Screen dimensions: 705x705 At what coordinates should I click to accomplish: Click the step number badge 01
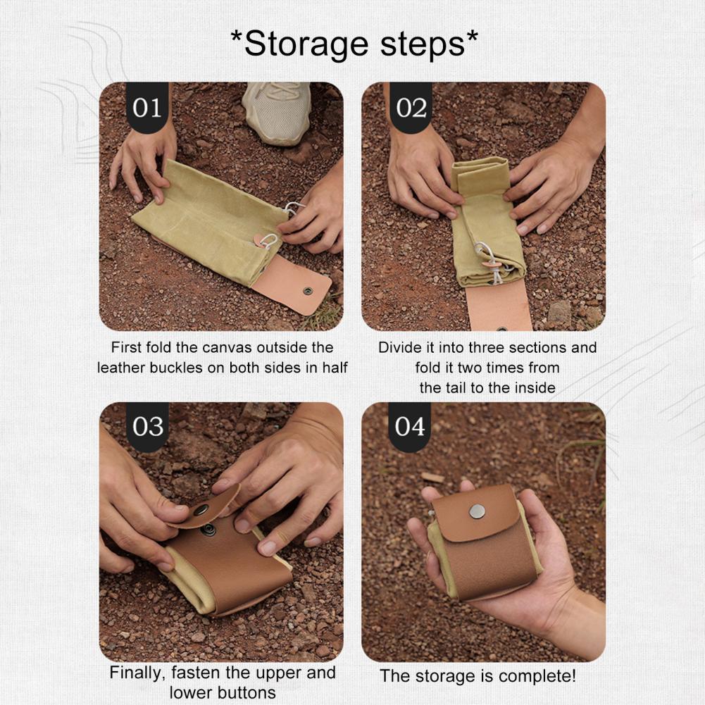click(x=147, y=108)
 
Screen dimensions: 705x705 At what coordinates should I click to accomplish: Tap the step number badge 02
click(x=411, y=108)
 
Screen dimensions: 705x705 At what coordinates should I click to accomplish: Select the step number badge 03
click(x=147, y=427)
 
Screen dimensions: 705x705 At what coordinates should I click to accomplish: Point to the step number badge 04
click(x=410, y=427)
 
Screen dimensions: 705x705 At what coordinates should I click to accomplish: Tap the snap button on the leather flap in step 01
click(x=308, y=289)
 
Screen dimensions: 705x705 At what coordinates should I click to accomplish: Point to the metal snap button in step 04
click(x=477, y=511)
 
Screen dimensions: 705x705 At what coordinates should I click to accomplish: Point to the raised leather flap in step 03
click(x=206, y=506)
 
